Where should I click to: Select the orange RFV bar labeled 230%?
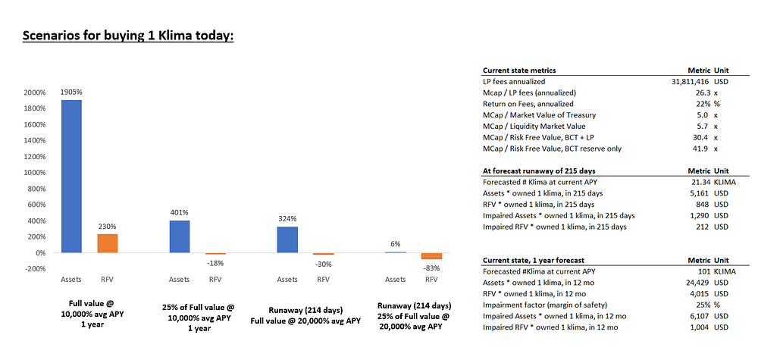click(x=107, y=243)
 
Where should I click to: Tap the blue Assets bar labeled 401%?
click(x=180, y=236)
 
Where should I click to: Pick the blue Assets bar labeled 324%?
click(x=287, y=239)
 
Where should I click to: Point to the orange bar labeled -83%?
click(x=431, y=256)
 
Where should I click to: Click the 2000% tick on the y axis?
click(x=35, y=92)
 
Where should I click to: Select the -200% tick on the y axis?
click(x=35, y=268)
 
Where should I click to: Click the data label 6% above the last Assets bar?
click(x=396, y=243)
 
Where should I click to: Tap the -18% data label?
click(x=215, y=263)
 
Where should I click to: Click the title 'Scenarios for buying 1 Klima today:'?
click(x=128, y=36)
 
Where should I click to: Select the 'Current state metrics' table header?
click(x=519, y=70)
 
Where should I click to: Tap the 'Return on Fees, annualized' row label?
click(x=528, y=103)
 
